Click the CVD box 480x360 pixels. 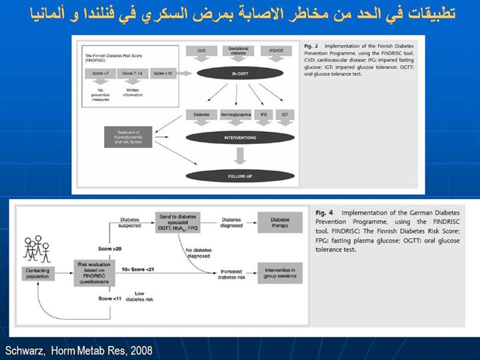[200, 51]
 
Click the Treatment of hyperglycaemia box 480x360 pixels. [127, 138]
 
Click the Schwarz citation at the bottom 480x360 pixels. [79, 350]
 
